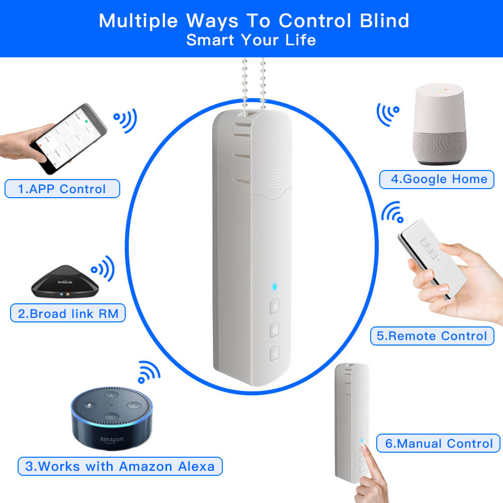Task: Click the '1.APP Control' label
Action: click(x=62, y=189)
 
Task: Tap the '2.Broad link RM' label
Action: click(x=68, y=313)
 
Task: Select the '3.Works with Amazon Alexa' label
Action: click(x=120, y=466)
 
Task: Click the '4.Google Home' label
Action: click(x=437, y=180)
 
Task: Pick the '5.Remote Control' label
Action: click(x=432, y=336)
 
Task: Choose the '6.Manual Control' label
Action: click(x=438, y=443)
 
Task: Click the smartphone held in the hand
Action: click(x=68, y=139)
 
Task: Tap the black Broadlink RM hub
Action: click(x=65, y=281)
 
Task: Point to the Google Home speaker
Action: click(x=439, y=124)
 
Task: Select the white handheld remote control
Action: click(x=432, y=259)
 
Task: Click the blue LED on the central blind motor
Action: click(x=274, y=286)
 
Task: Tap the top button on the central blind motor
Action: click(x=274, y=306)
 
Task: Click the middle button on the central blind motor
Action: click(x=274, y=329)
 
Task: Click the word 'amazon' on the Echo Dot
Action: click(x=111, y=440)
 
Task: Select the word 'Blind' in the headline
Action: click(x=384, y=21)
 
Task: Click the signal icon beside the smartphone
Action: click(x=125, y=120)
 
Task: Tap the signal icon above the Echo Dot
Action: click(x=149, y=372)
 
